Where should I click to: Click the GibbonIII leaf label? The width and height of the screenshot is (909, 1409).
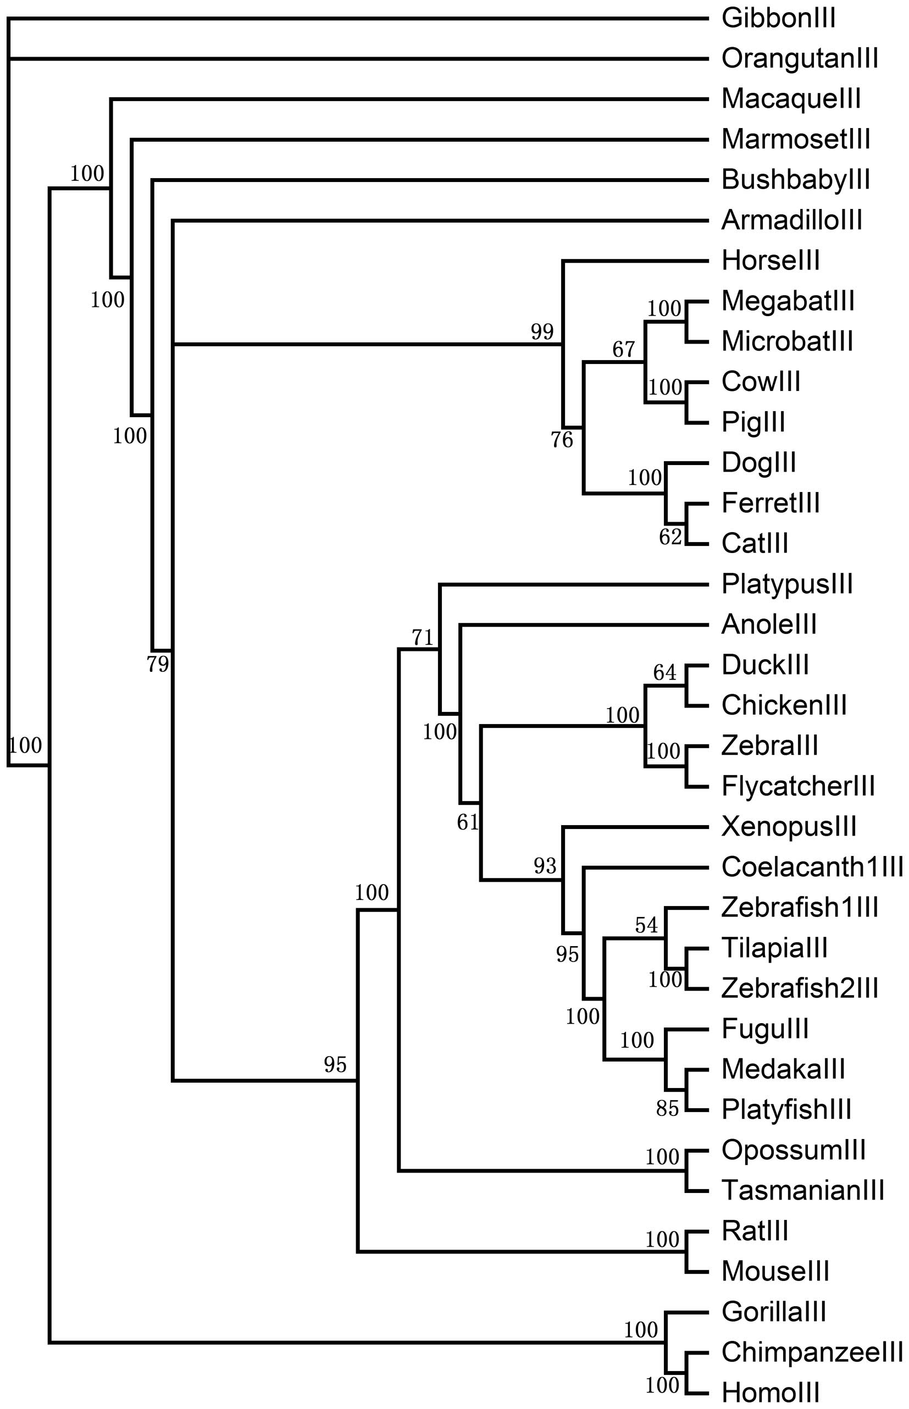coord(779,18)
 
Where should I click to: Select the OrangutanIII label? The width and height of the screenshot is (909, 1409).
coord(800,58)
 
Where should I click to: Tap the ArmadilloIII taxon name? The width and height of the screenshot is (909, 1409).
coord(791,221)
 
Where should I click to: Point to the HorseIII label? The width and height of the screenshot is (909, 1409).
coord(771,261)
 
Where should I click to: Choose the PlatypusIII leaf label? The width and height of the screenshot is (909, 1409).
coord(787,584)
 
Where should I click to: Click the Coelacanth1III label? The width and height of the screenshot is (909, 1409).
coord(812,867)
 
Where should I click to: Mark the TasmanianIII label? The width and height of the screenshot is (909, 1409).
coord(803,1191)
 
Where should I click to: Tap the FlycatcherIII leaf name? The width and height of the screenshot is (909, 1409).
coord(798,786)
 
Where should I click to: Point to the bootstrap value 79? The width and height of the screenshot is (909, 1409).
coord(158,665)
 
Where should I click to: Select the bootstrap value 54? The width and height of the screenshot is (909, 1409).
coord(646,925)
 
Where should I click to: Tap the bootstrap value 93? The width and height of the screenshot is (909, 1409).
coord(545,866)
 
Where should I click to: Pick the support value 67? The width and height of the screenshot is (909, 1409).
coord(623,350)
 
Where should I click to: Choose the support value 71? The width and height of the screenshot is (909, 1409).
coord(423,638)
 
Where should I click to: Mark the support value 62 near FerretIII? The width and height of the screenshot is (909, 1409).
coord(670,537)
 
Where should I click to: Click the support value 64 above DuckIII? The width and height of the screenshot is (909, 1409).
coord(664,673)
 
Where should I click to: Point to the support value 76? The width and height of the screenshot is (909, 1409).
coord(562,440)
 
